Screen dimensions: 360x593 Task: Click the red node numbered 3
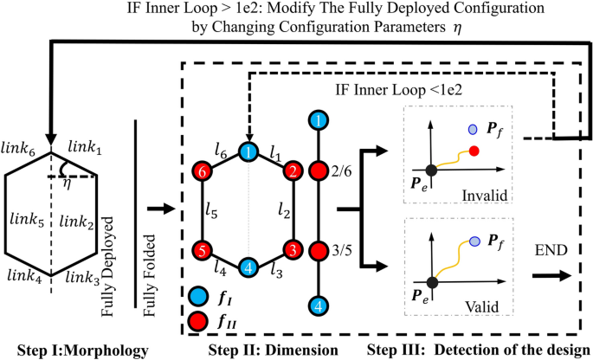coord(295,250)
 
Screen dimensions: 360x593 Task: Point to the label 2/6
coord(342,175)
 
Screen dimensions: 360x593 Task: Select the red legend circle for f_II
coord(197,320)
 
